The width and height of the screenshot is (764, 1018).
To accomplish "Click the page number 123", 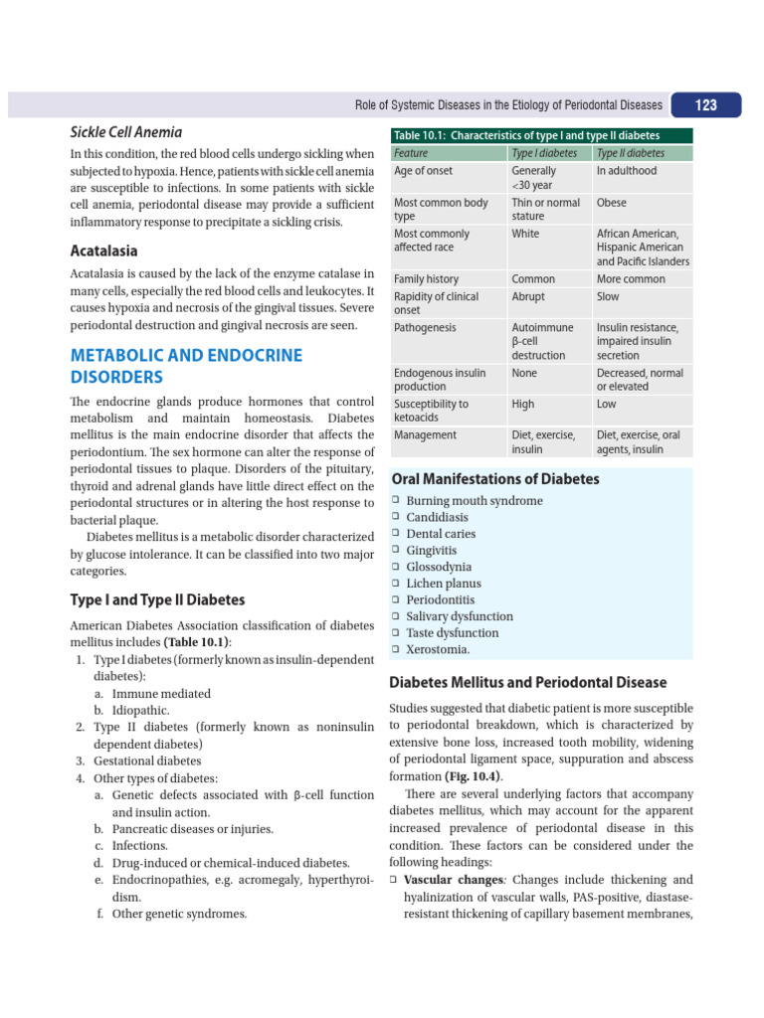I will coord(705,105).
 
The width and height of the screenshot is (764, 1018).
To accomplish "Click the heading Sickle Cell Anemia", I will coord(125,132).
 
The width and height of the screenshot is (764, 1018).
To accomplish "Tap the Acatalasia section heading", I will coord(103,251).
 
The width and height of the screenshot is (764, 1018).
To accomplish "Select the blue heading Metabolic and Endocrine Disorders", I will coord(186,366).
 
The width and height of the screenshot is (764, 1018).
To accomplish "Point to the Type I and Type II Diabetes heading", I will coord(157,599).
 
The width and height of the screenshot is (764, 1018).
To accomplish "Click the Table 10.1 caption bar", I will coord(526,136).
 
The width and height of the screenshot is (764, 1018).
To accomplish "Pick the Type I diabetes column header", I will coord(543,153).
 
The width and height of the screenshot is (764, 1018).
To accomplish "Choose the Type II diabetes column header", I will coord(631,153).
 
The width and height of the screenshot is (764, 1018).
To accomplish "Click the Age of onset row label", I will coord(423,171).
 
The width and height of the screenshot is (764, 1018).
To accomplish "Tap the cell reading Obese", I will coord(612,203).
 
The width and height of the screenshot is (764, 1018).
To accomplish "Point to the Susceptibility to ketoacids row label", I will coord(432,412).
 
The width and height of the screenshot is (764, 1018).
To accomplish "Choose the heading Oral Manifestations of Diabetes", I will coord(495,479).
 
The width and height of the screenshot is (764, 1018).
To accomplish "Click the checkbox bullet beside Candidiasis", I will coord(395,518).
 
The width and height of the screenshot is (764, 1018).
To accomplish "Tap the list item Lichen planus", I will coord(443,584).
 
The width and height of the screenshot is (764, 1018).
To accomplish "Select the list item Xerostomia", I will coord(438,649).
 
